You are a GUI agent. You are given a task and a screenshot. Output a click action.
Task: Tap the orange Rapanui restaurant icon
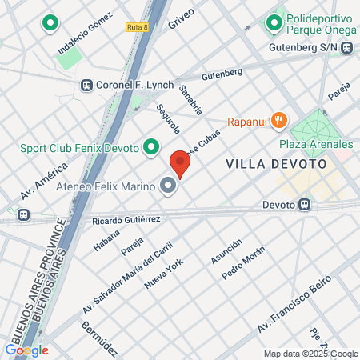[x=278, y=121]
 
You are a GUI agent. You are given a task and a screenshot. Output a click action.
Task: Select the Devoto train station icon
[x=305, y=205]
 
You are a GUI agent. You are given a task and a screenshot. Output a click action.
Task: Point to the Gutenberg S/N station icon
[x=346, y=48]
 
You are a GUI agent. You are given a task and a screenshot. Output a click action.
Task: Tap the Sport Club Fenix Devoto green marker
[x=150, y=146]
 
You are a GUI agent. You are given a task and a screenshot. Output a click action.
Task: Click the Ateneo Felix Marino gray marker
[x=168, y=187]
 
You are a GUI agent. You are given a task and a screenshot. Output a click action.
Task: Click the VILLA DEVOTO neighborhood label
[x=276, y=163]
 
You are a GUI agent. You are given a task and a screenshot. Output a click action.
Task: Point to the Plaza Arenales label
[x=315, y=144]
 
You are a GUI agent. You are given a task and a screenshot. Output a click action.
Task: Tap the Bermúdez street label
[x=99, y=337]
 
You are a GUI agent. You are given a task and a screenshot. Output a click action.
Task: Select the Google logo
[x=26, y=350]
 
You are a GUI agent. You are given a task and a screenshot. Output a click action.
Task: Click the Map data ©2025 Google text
[x=311, y=354]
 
